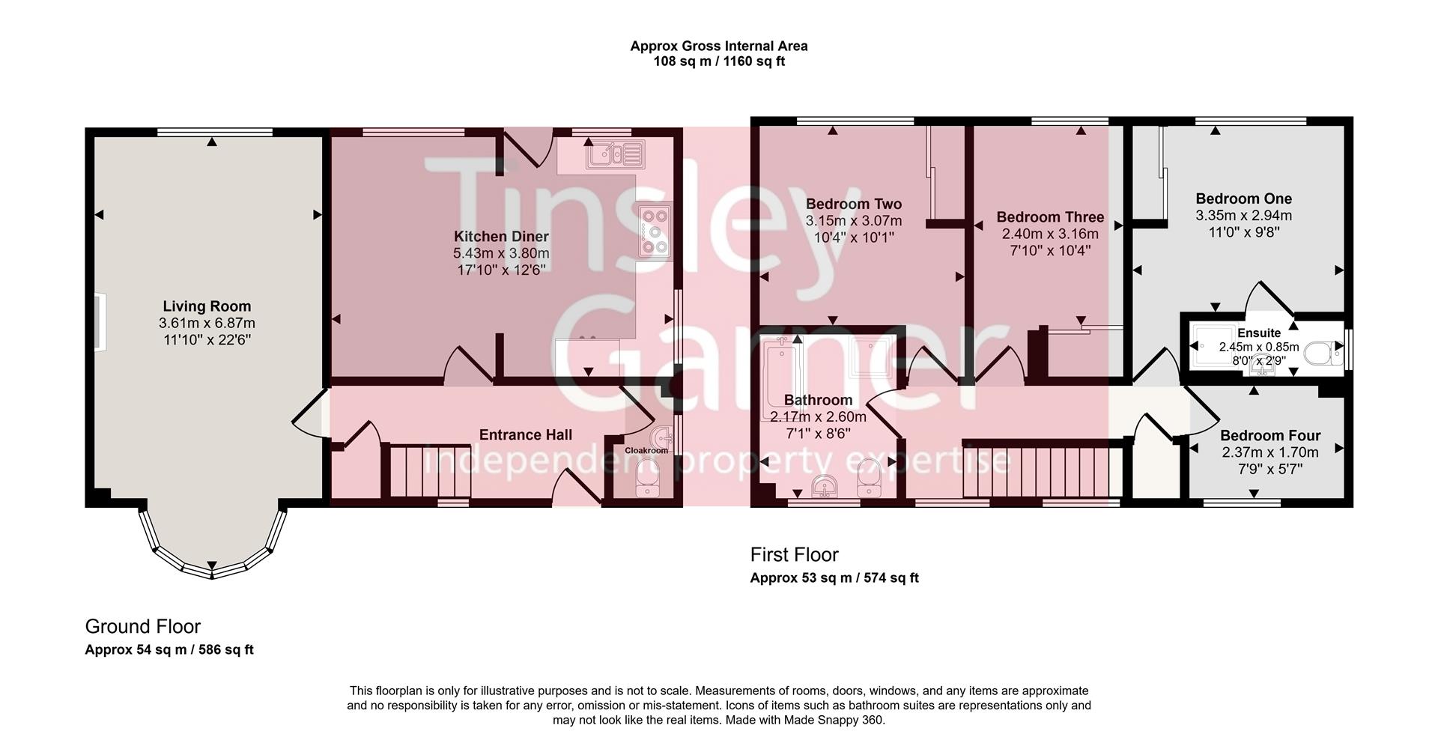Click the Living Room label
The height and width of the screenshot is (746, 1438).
(x=207, y=306)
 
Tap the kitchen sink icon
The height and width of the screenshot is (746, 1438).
(x=614, y=154)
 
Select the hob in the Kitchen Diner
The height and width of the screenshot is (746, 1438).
(x=655, y=231)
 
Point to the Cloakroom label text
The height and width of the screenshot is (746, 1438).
(x=646, y=450)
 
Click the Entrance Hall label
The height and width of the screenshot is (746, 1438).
(x=525, y=435)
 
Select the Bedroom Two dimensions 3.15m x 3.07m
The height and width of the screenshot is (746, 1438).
(x=853, y=221)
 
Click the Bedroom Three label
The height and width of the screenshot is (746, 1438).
(x=1050, y=217)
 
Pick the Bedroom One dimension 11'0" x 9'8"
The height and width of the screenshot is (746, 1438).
(x=1243, y=232)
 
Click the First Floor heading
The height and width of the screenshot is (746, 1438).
(x=794, y=555)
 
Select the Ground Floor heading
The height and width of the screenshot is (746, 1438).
(x=142, y=626)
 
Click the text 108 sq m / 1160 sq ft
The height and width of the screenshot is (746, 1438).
(x=718, y=61)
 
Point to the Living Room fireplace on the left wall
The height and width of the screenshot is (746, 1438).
(x=100, y=322)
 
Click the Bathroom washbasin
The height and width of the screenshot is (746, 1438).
(x=825, y=485)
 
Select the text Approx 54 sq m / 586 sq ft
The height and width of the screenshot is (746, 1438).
(x=169, y=650)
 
